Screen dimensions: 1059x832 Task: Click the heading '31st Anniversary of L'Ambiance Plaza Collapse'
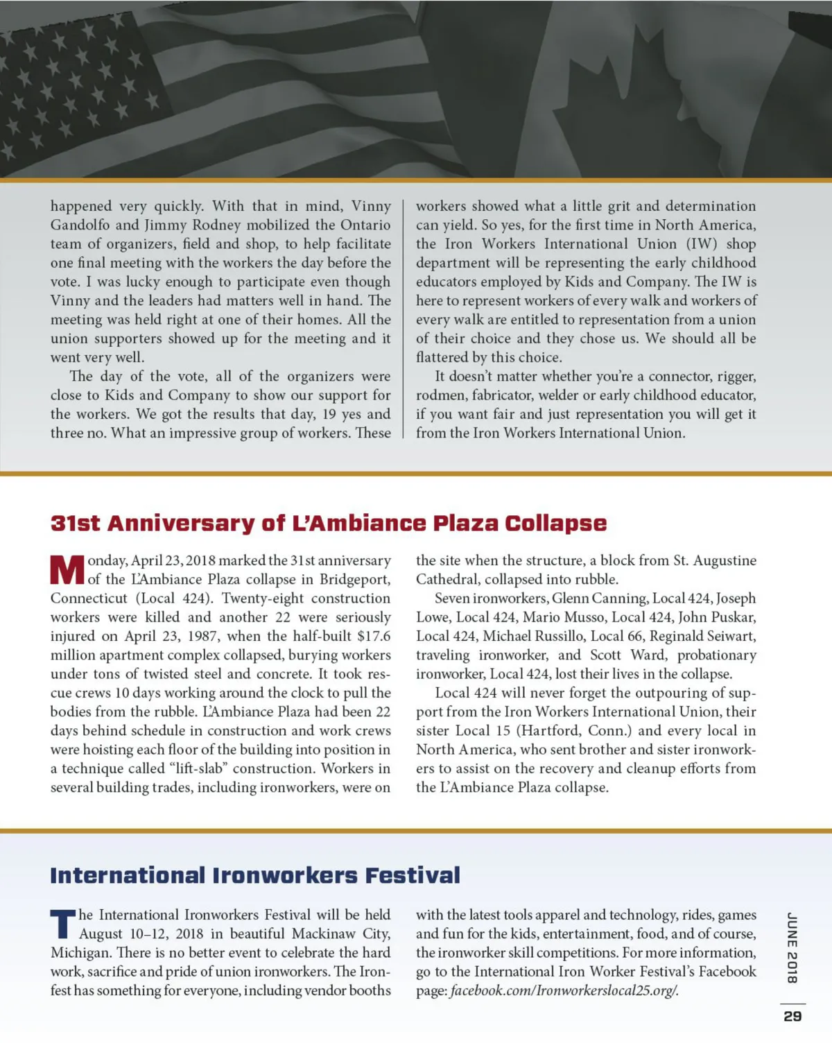click(x=328, y=523)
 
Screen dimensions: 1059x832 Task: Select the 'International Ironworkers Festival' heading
click(x=254, y=875)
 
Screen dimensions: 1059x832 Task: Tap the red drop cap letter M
click(x=67, y=570)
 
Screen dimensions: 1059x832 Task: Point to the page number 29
click(x=792, y=1016)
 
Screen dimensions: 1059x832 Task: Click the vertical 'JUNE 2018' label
click(x=792, y=948)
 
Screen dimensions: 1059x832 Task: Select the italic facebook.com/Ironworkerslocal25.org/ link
click(x=564, y=990)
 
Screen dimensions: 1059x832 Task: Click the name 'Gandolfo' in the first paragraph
click(x=80, y=225)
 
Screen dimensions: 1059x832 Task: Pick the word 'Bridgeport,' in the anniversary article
click(x=355, y=579)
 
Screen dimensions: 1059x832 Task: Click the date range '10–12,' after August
click(x=149, y=933)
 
